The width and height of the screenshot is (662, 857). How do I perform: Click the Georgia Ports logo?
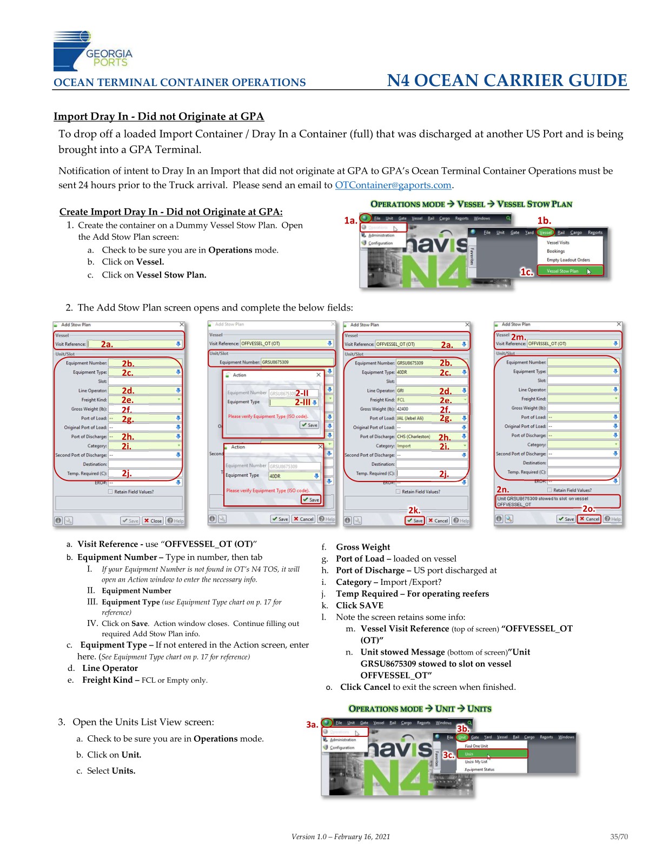(92, 51)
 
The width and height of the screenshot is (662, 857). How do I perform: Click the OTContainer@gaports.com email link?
(393, 185)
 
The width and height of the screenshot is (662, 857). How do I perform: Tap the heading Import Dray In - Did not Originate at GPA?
(158, 116)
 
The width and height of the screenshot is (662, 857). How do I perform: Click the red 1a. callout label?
(350, 220)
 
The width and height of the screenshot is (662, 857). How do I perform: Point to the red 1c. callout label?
(527, 272)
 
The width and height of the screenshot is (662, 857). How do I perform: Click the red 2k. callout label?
(414, 510)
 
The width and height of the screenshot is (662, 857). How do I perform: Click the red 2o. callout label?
(588, 509)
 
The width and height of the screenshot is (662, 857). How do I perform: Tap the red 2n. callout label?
(502, 490)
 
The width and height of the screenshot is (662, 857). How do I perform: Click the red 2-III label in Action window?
(302, 403)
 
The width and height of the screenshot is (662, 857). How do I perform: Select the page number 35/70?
(619, 836)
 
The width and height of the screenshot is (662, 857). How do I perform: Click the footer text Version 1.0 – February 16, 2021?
(340, 836)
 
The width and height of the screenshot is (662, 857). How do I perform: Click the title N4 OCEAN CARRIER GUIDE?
(507, 81)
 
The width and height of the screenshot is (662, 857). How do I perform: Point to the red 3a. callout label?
(312, 724)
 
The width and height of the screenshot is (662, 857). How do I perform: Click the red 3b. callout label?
(462, 729)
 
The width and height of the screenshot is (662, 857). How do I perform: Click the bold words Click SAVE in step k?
(359, 605)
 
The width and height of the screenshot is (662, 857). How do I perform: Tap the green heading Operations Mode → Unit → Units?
(420, 709)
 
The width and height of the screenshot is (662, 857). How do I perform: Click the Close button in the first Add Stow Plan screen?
(153, 520)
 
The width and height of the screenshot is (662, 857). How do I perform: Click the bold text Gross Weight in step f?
(363, 547)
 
